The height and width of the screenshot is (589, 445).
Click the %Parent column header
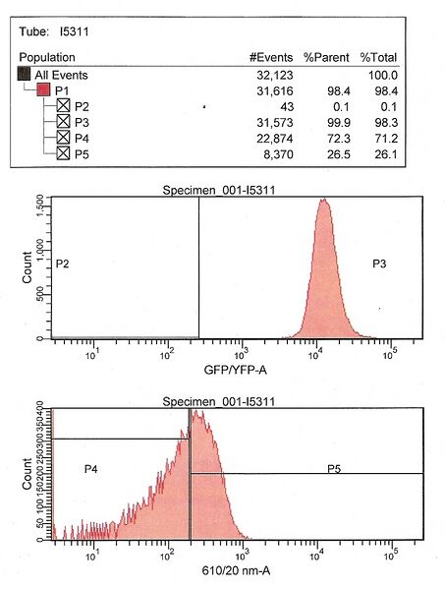pyautogui.click(x=323, y=58)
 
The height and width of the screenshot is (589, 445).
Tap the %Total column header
pyautogui.click(x=377, y=58)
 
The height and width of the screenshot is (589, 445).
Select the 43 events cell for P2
pyautogui.click(x=281, y=106)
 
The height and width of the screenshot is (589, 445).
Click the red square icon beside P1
pyautogui.click(x=44, y=90)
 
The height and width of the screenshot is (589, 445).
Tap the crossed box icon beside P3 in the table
pyautogui.click(x=63, y=122)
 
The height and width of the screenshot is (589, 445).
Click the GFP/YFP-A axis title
pyautogui.click(x=236, y=371)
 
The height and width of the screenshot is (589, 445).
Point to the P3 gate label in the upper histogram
pyautogui.click(x=381, y=264)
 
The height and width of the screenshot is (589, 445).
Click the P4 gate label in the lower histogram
pyautogui.click(x=90, y=469)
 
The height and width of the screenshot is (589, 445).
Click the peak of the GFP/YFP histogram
pyautogui.click(x=322, y=201)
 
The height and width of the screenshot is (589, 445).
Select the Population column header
pyautogui.click(x=48, y=58)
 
